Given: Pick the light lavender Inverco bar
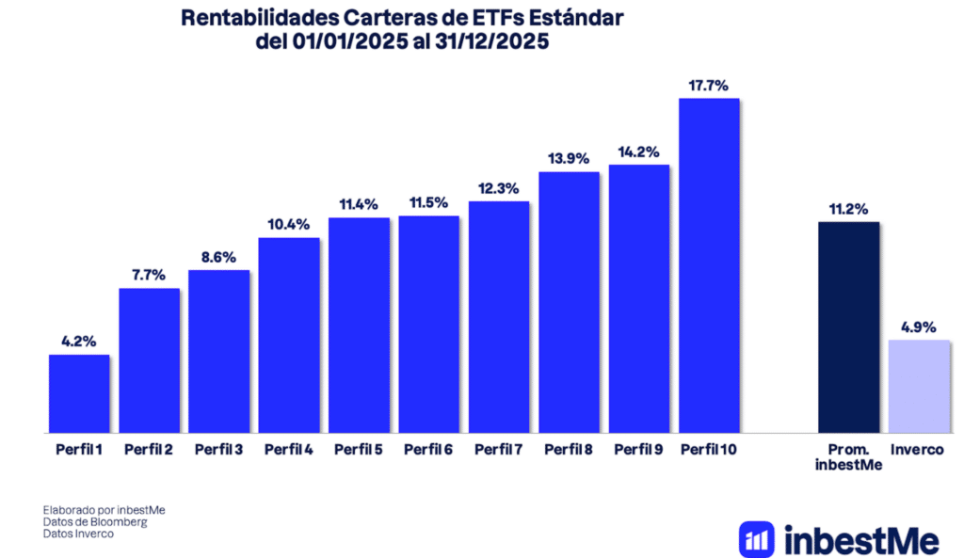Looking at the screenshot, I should point(919,386).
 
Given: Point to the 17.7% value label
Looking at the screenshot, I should point(708,86).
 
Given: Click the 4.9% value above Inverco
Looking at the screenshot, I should point(919,327).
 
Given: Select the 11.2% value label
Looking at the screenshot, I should point(848,209).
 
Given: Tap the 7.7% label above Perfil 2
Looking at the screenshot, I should point(149,275).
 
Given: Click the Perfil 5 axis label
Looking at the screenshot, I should point(358,450).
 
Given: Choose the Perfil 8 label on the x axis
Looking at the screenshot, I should point(569,450).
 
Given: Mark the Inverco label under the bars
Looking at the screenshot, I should point(918,450).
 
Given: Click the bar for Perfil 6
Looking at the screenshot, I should point(428,325).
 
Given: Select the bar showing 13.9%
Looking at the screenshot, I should point(569,302).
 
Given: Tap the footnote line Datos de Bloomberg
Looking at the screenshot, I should point(95,521).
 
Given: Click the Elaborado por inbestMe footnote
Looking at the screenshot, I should point(104,509).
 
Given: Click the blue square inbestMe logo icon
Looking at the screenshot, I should point(757,540).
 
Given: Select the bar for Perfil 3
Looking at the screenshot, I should point(218,351).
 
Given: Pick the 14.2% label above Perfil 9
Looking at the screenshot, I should point(638,151).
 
